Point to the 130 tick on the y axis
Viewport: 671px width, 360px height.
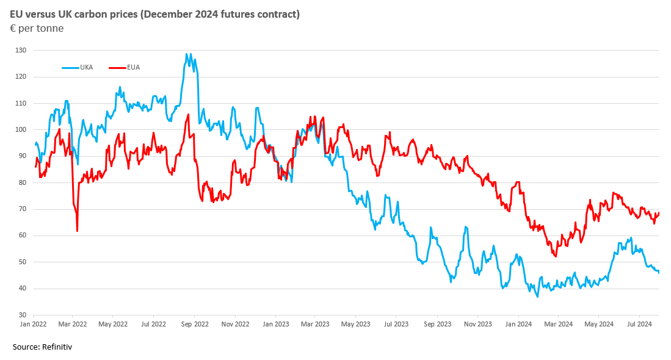(x=21, y=50)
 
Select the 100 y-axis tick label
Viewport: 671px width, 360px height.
(x=21, y=129)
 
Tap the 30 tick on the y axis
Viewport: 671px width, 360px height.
(x=23, y=315)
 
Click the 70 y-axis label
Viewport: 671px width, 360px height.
(x=23, y=209)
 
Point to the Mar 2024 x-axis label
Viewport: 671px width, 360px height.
(x=558, y=325)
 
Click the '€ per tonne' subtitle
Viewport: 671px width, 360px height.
(x=37, y=28)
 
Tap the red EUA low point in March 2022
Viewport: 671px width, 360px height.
(x=77, y=231)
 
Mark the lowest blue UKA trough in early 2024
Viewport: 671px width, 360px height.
(x=537, y=297)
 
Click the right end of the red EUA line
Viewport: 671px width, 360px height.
(x=659, y=212)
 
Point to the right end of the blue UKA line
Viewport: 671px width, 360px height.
(x=659, y=272)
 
